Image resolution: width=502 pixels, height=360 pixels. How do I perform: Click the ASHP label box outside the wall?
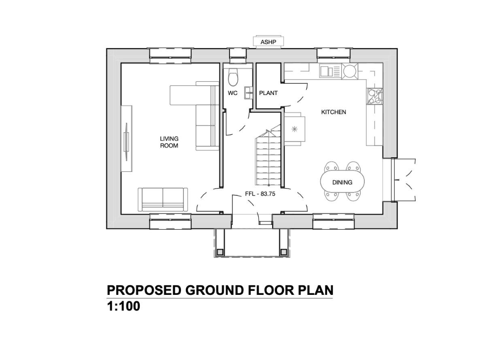tap(268, 42)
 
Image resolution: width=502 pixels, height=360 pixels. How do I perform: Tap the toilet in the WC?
tap(234, 77)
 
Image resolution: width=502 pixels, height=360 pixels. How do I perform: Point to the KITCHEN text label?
tap(333, 112)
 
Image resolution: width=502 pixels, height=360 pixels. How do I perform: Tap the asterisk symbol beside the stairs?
tap(295, 129)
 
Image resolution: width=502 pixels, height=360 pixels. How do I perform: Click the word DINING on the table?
tap(342, 182)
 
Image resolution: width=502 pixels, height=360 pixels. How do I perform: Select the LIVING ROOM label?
tap(169, 142)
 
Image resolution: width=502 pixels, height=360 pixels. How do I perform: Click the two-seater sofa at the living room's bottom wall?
tap(163, 199)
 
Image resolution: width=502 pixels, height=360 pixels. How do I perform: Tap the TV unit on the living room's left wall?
tap(127, 139)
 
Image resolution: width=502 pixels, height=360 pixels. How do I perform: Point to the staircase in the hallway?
tap(268, 159)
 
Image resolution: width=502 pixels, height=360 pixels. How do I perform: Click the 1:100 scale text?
tap(124, 307)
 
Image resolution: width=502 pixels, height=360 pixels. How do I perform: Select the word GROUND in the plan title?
tap(214, 290)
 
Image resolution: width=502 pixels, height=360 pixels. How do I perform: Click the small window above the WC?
tap(237, 55)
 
